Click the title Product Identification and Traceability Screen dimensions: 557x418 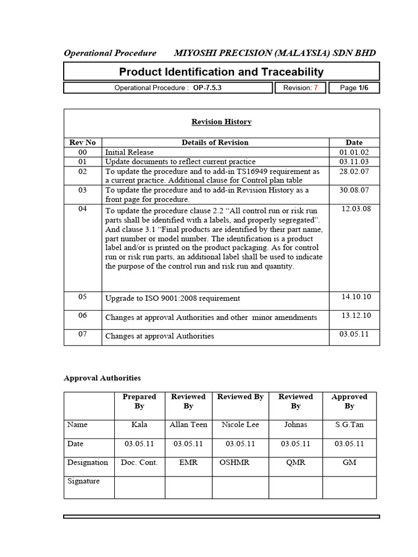pos(221,72)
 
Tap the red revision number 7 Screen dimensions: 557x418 pos(316,88)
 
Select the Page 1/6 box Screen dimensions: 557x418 pos(354,88)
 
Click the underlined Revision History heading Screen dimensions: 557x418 pos(221,122)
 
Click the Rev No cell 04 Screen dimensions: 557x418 pos(82,209)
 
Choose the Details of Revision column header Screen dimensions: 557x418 pos(215,143)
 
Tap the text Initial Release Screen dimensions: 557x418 pos(130,152)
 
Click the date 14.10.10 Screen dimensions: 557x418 pos(356,296)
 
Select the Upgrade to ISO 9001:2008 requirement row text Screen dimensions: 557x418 pos(173,298)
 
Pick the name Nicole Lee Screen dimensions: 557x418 pos(240,424)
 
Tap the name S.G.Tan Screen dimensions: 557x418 pos(349,424)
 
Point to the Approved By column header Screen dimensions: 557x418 pos(349,401)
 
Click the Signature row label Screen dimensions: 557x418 pos(83,481)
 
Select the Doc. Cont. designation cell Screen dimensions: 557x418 pos(139,462)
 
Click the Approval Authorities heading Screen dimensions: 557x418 pos(102,377)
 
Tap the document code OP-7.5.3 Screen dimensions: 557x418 pos(207,88)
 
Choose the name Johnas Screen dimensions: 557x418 pos(296,424)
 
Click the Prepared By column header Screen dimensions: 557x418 pos(139,401)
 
